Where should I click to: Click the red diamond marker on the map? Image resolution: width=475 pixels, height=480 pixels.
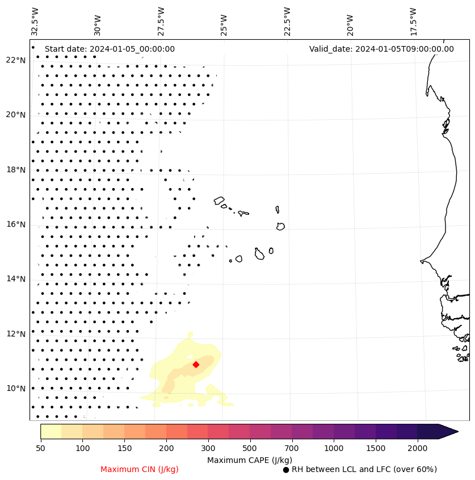[x=196, y=364]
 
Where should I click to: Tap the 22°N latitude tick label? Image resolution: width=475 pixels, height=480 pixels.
[x=16, y=60]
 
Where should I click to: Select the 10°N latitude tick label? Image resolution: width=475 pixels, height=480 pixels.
[x=16, y=389]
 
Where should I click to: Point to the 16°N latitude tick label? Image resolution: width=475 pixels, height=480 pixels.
[x=16, y=224]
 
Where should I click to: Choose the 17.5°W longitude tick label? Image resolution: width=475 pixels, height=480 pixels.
[x=413, y=21]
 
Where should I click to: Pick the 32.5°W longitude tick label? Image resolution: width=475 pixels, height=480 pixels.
[x=35, y=21]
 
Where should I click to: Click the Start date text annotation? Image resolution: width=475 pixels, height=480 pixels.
[x=110, y=49]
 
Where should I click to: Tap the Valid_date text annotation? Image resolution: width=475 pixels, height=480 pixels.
[x=381, y=49]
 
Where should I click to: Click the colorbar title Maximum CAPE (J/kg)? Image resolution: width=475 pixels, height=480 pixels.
[x=249, y=460]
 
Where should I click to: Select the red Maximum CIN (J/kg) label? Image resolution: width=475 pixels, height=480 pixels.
[x=140, y=469]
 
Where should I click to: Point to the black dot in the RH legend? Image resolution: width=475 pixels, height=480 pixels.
[x=286, y=470]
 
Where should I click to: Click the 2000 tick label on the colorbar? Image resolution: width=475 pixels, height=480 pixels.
[x=417, y=449]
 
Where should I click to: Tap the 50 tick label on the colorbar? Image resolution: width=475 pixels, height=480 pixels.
[x=40, y=449]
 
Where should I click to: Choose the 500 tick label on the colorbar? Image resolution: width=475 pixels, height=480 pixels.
[x=250, y=449]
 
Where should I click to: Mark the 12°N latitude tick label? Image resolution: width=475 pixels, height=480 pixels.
[x=16, y=334]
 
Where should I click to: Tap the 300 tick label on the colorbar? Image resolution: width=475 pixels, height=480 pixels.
[x=208, y=449]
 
